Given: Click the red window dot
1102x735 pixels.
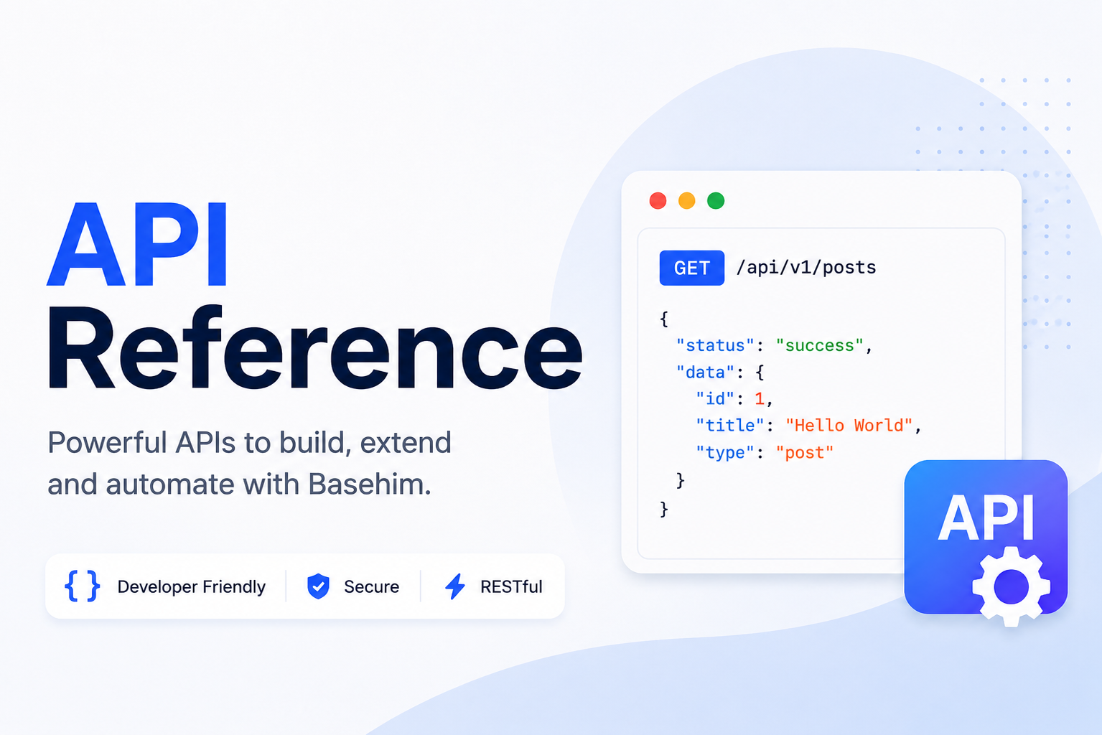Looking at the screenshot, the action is click(x=658, y=201).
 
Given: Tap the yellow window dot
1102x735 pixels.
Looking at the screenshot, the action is click(x=687, y=201).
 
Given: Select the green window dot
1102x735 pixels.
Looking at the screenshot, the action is click(x=716, y=201).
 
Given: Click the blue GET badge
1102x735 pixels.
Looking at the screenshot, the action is click(x=691, y=268).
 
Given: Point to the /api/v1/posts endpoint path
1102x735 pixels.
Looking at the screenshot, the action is click(x=806, y=268).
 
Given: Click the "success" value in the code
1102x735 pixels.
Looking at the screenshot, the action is click(x=819, y=345).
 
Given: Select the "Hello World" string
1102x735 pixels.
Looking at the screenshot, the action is click(x=849, y=425).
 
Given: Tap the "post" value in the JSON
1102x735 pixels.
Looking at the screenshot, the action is click(x=805, y=453).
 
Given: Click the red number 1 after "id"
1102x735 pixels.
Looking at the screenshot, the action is click(x=760, y=398).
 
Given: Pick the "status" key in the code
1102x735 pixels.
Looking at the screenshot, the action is click(x=715, y=345).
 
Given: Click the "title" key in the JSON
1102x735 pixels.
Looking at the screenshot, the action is click(x=730, y=425).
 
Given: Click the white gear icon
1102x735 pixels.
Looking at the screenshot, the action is click(x=1011, y=586).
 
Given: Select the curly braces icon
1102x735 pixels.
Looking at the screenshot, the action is click(x=82, y=586).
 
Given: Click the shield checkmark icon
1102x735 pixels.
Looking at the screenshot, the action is click(x=318, y=586).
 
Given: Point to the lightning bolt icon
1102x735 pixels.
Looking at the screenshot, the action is click(x=455, y=586).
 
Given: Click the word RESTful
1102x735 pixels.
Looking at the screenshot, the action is click(x=511, y=586).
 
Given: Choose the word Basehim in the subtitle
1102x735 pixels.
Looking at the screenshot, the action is click(x=370, y=484).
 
